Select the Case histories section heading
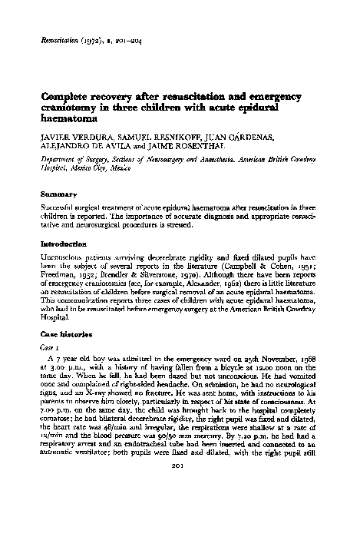pyautogui.click(x=68, y=336)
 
